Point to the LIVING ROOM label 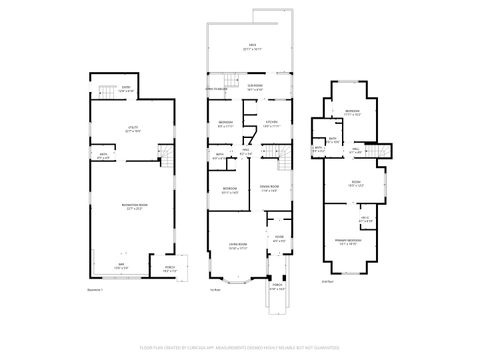tap(238, 246)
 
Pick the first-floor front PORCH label tap(276, 288)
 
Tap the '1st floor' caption tap(213, 289)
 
